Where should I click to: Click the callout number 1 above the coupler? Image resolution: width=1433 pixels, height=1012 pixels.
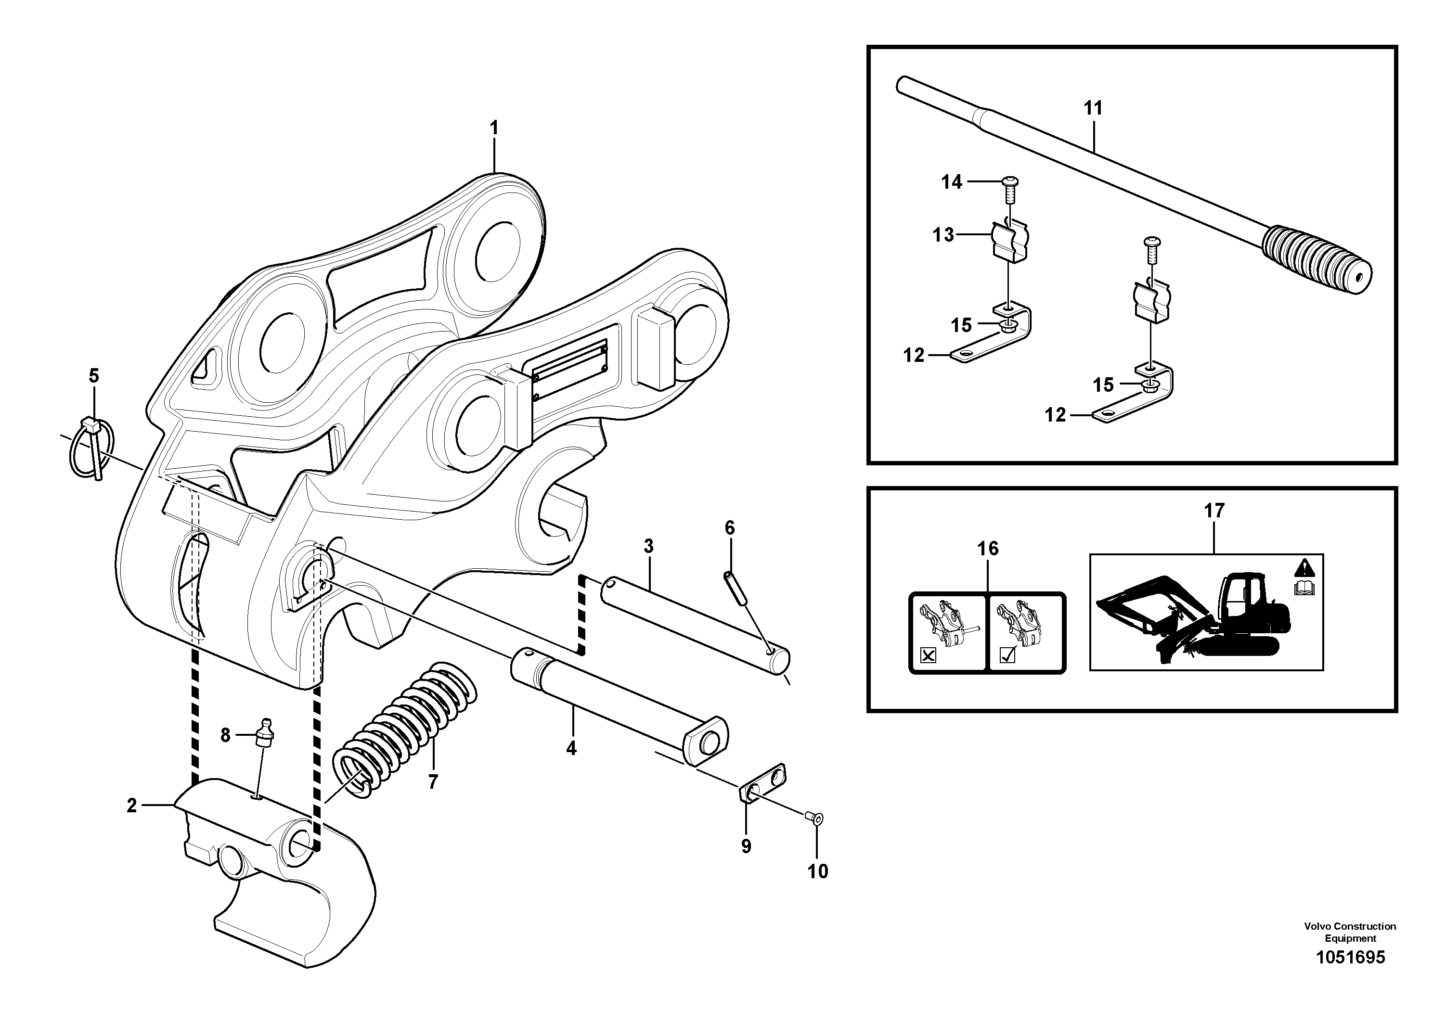494,128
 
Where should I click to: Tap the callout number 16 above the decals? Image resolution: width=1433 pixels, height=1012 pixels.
987,549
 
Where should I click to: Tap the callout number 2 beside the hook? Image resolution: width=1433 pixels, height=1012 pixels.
132,806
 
